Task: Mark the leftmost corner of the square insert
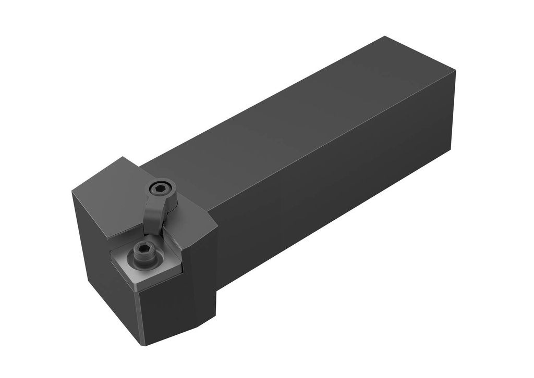111,253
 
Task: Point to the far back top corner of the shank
385,36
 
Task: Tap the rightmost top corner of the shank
455,71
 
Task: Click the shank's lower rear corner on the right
450,151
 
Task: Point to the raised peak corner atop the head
123,157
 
